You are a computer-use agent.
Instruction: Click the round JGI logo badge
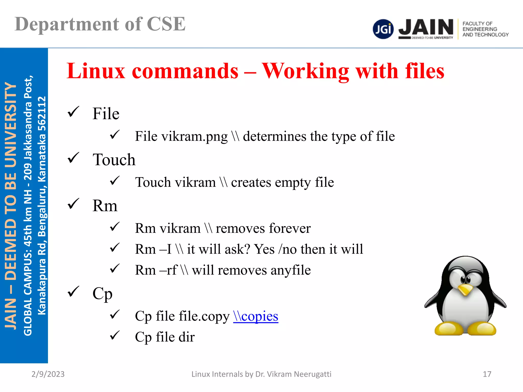383,29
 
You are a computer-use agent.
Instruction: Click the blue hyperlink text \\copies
256,316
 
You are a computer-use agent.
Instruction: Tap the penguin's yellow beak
465,289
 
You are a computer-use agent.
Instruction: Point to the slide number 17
487,374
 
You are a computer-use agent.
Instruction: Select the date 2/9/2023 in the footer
48,374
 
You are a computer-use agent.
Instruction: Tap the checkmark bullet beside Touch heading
74,158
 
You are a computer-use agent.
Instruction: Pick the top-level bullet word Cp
102,294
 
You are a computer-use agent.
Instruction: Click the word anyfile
291,270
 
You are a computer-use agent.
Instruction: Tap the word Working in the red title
305,71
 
